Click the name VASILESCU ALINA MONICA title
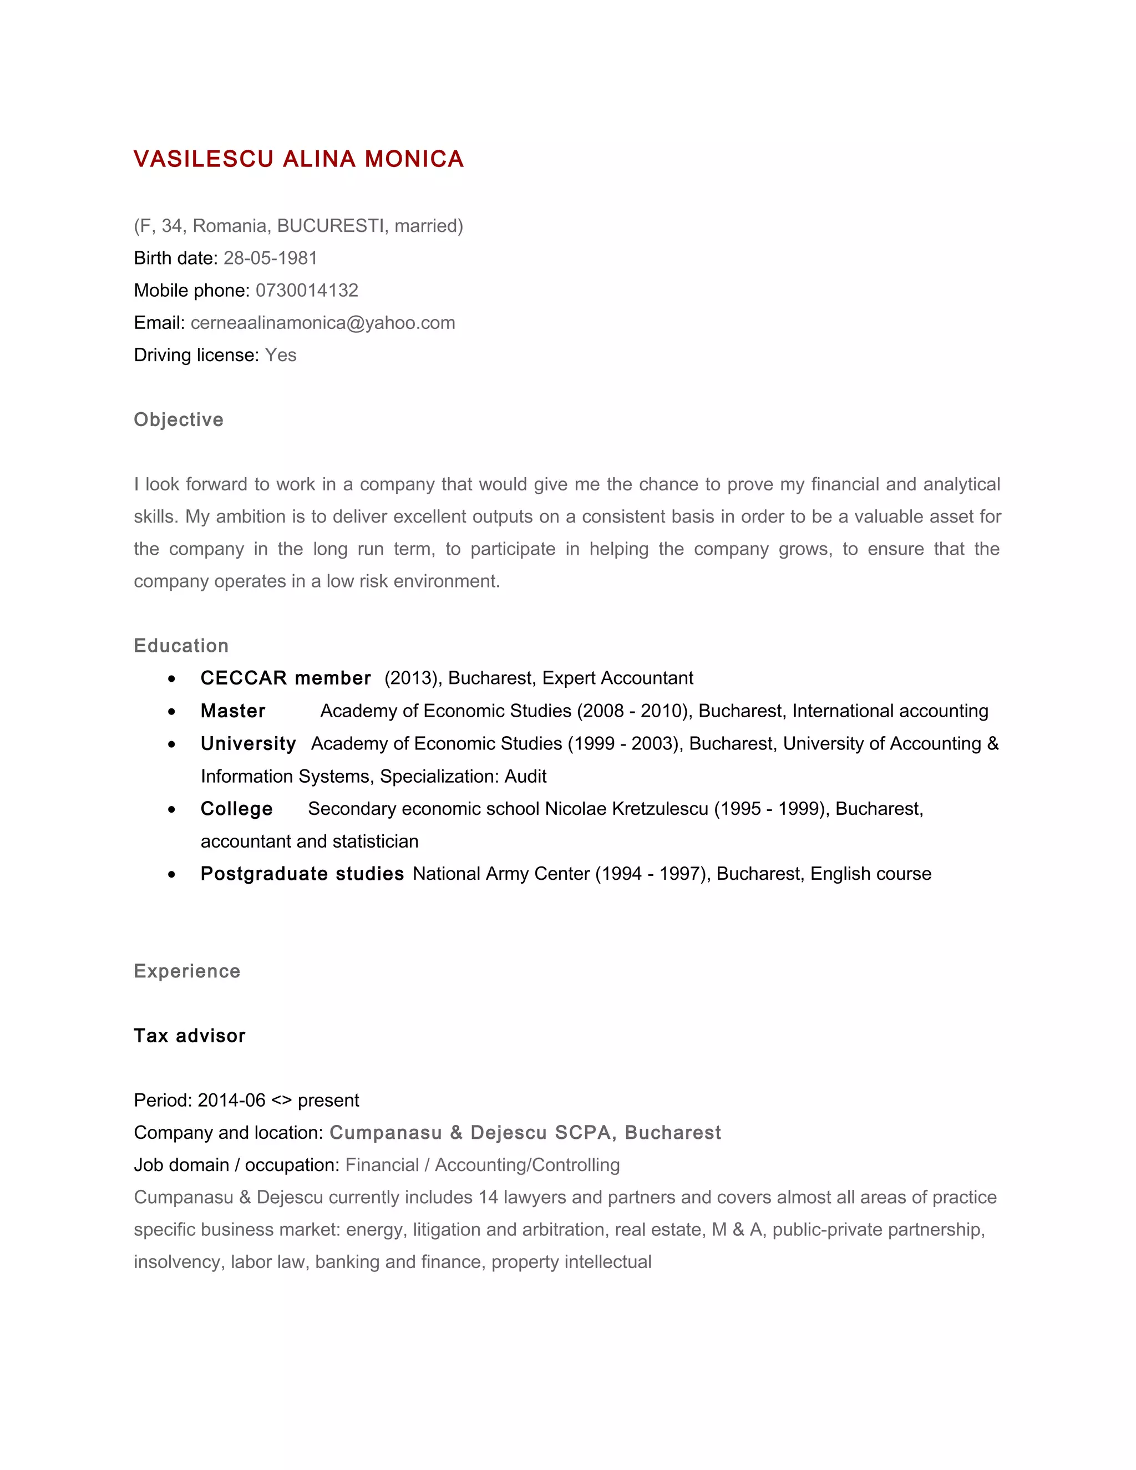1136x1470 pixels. pos(299,160)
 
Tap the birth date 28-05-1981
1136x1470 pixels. pos(270,258)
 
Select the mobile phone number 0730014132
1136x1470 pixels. pos(307,290)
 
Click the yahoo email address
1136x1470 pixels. pos(323,322)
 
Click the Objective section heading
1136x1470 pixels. pos(179,419)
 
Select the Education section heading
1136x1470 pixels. pos(181,646)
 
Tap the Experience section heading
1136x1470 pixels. pos(187,971)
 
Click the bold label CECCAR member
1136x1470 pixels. pos(285,678)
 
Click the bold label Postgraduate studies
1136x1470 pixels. pos(302,874)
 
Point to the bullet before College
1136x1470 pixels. pos(173,810)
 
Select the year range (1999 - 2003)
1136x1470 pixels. pos(625,743)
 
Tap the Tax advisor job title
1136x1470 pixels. pos(190,1035)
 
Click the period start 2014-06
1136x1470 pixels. pos(232,1100)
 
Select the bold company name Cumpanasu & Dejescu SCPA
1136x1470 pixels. pos(470,1132)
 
